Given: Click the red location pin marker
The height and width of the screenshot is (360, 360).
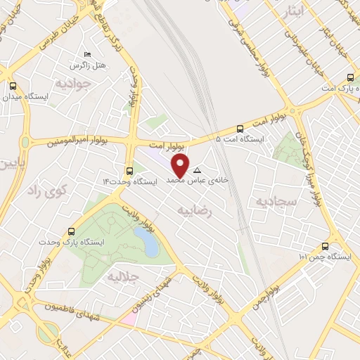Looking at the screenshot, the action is click(181, 166).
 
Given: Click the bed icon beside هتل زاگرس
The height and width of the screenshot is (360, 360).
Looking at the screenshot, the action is click(87, 55).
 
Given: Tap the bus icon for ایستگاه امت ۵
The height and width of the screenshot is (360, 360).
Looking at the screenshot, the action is click(240, 129).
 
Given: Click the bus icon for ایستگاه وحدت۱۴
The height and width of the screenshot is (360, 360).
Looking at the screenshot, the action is click(129, 171).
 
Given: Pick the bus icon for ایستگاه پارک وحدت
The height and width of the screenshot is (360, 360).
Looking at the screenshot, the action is click(71, 231).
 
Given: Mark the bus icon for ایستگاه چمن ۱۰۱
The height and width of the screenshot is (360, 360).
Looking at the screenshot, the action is click(325, 246).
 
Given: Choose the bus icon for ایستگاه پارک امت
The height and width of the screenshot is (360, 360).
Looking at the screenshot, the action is click(350, 77).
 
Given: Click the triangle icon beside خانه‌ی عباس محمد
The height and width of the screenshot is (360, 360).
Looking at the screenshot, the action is click(197, 171).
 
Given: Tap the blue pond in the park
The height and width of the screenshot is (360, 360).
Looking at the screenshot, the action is click(150, 243).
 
